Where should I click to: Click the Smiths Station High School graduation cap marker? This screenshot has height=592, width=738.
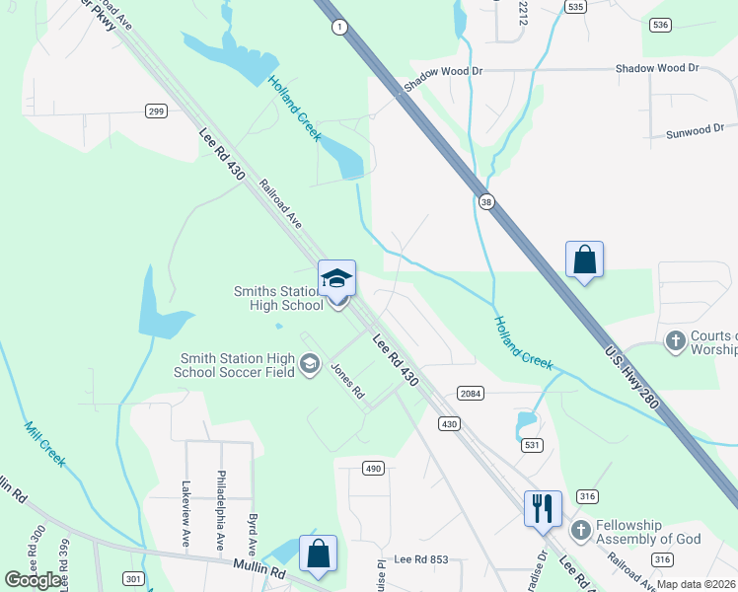[x=336, y=279]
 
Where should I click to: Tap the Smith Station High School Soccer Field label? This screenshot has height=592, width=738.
[x=235, y=365]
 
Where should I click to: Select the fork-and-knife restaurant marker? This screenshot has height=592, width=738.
[x=543, y=509]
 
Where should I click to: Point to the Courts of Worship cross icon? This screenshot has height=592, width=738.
[x=676, y=342]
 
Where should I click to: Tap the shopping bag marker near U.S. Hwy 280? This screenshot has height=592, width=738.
[x=584, y=260]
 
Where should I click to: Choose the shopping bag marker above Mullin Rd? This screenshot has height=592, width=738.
[x=318, y=555]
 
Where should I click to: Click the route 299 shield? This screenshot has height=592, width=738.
[x=156, y=111]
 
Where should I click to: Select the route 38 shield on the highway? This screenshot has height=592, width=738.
[x=486, y=202]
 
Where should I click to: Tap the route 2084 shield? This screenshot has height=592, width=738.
[x=471, y=394]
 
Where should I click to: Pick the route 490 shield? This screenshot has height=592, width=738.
[x=372, y=468]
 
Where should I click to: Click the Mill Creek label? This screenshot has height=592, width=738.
[x=44, y=444]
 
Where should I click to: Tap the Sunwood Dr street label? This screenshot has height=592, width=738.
[x=695, y=131]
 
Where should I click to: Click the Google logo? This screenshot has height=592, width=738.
[x=33, y=580]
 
